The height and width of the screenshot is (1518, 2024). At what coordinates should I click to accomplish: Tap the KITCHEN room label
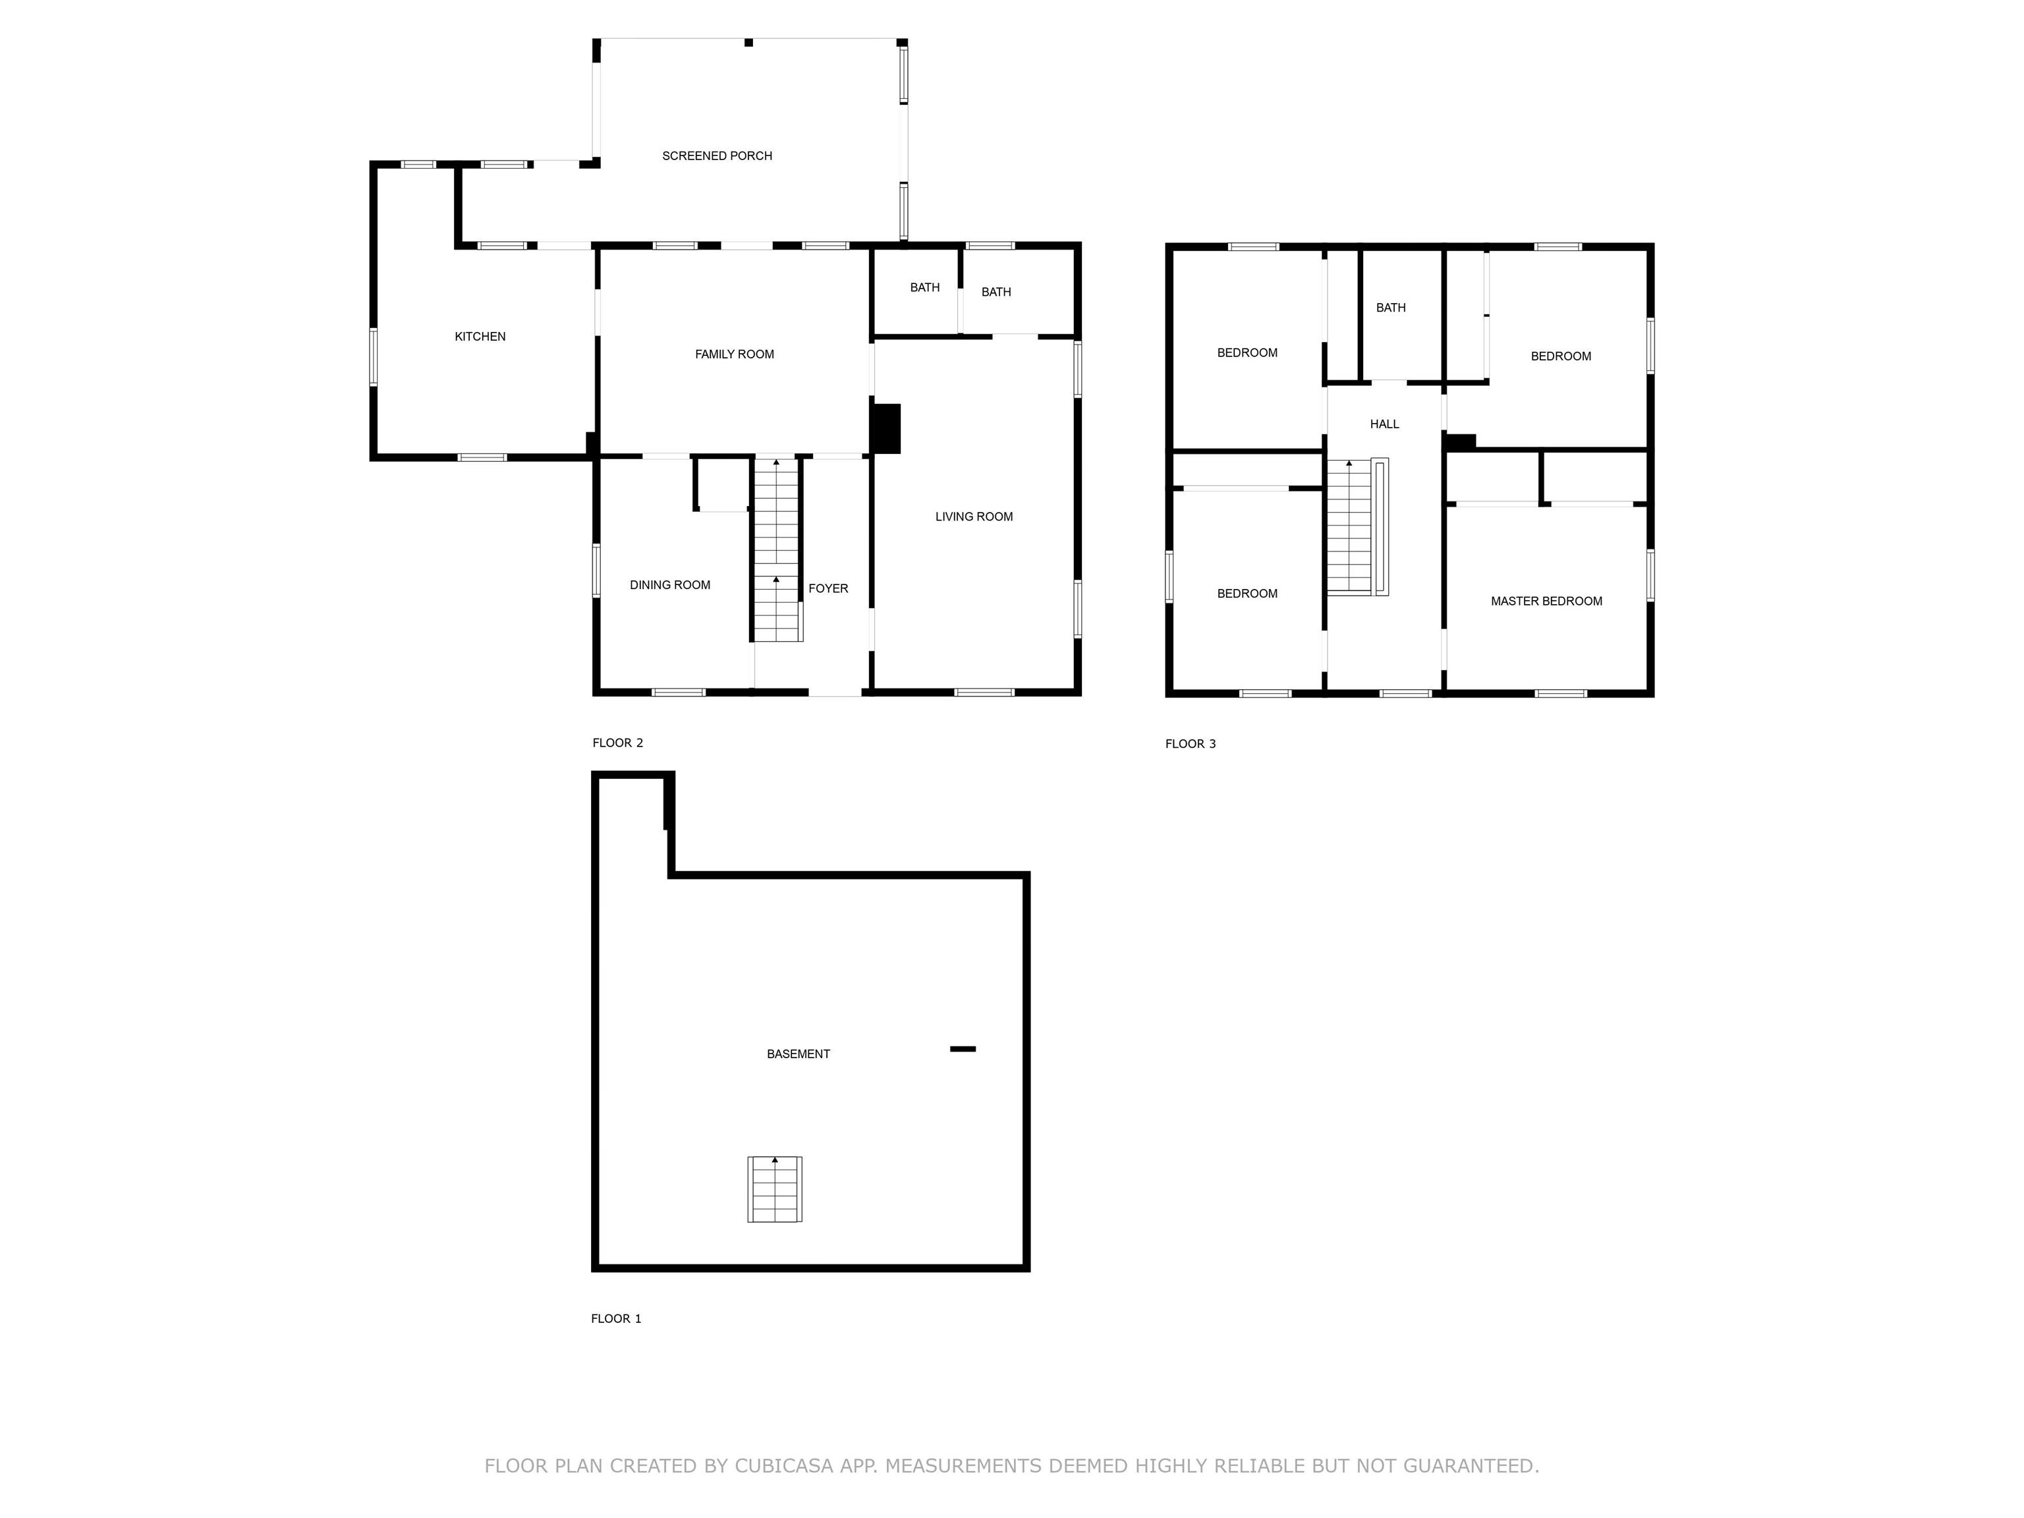480,337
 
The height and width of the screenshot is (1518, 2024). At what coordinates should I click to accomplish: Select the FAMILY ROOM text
734,354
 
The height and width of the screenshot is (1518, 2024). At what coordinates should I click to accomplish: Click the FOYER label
828,588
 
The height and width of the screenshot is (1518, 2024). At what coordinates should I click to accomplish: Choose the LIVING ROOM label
974,517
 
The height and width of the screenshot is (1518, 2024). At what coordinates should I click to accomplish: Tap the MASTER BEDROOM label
1546,601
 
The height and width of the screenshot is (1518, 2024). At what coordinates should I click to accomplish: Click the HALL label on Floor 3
1384,424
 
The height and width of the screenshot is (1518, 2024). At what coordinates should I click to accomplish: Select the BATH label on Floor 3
1391,308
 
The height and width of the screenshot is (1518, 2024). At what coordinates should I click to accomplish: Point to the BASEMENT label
798,1054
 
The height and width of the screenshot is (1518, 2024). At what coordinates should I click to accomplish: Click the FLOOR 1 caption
616,1318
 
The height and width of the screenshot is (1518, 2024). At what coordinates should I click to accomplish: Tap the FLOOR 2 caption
617,743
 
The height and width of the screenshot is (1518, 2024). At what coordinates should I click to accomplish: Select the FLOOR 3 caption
1191,744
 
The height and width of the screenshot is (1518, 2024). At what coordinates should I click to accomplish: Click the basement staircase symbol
775,1189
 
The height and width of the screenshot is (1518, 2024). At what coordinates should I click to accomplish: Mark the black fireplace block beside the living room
885,428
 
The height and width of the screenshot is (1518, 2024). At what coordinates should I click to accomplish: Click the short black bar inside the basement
963,1049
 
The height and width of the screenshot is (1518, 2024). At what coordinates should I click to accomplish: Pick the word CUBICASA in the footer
784,1467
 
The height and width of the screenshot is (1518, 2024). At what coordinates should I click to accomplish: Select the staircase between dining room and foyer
777,549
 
